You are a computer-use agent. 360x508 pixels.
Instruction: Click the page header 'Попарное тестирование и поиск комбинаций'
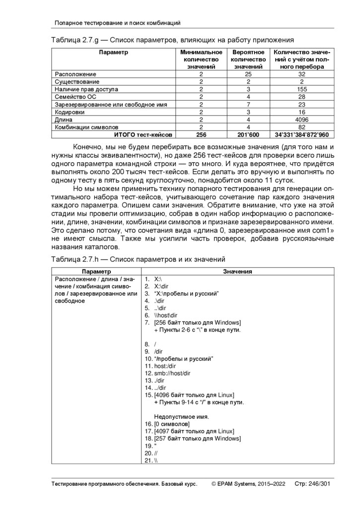click(117, 23)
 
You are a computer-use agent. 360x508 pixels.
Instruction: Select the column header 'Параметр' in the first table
click(113, 52)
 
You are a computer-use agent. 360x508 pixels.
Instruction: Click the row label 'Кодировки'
click(70, 112)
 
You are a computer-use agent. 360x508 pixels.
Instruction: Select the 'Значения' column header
click(237, 271)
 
